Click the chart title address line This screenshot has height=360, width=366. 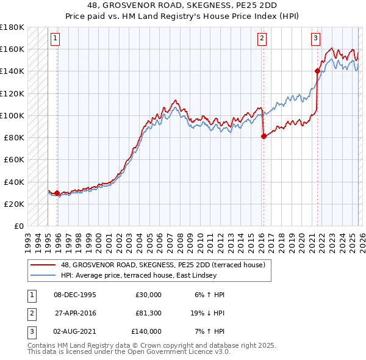(182, 5)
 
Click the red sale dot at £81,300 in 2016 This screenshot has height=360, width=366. (264, 136)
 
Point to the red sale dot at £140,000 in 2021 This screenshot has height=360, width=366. (318, 71)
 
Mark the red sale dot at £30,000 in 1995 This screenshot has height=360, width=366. (57, 193)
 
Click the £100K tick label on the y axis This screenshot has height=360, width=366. (12, 115)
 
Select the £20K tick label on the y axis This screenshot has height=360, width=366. (14, 204)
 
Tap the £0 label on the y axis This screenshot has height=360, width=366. (18, 226)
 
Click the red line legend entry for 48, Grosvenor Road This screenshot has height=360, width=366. (162, 265)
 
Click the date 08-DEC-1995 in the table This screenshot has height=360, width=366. (75, 295)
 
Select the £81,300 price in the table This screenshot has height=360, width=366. (148, 313)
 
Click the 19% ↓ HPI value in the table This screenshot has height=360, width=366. (207, 313)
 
